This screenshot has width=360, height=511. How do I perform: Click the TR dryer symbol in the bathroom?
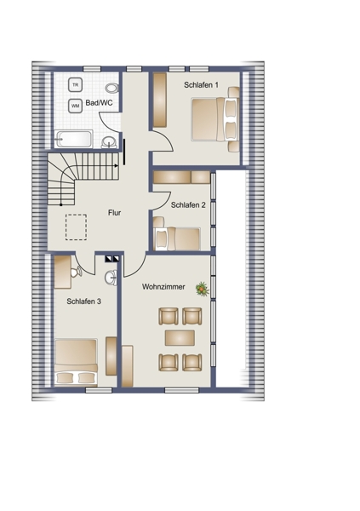pos(75,85)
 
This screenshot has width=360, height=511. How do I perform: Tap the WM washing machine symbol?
pos(75,106)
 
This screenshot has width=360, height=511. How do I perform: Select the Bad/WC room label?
pos(99,103)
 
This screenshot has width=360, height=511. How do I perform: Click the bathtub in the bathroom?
pos(73,139)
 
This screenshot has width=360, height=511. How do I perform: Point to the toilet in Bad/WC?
pos(111,88)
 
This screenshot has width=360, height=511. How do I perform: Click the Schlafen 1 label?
pos(201,85)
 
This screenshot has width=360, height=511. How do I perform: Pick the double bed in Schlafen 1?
pos(215,119)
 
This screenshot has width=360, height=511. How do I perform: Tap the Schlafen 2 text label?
pos(188,205)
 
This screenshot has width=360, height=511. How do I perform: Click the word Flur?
pos(114,213)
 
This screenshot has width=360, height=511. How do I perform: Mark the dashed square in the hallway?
pos(76,227)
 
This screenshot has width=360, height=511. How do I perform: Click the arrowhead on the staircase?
pos(117,165)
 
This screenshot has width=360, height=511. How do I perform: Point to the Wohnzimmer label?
pos(163,287)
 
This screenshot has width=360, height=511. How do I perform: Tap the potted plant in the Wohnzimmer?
pos(202,289)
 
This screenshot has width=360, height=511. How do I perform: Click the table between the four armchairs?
pos(180,337)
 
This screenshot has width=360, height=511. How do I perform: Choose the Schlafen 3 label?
pos(83,301)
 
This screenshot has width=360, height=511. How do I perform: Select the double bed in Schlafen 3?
pos(76,361)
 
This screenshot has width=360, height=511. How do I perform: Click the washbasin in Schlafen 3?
pos(111,278)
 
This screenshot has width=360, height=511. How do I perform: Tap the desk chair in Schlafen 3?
pos(77,272)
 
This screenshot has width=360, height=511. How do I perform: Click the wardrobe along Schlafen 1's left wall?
pos(160,100)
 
